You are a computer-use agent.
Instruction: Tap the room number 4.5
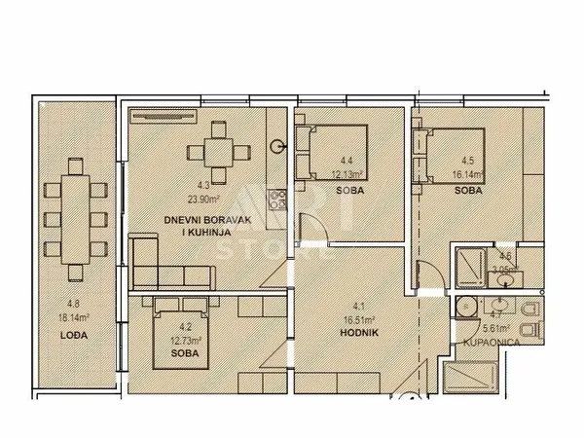click(x=467, y=162)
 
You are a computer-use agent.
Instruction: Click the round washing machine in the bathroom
click(x=464, y=308)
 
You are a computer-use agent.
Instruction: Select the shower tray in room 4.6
click(x=474, y=262)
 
